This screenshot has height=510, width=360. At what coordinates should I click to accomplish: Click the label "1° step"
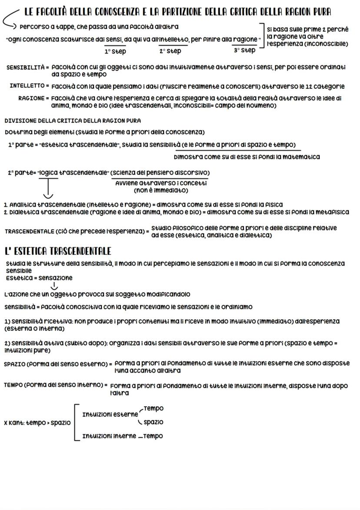coord(115,51)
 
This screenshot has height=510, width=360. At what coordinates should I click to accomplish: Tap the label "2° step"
coord(170,51)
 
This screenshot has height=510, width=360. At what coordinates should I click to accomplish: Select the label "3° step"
coord(245,50)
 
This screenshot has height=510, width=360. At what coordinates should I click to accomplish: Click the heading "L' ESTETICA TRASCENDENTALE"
coord(58,251)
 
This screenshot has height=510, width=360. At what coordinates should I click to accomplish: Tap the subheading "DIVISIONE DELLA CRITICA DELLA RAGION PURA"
coord(73,121)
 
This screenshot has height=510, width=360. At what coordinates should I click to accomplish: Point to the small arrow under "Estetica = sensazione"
coord(54,286)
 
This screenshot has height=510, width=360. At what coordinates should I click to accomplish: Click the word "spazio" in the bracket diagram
coord(153,422)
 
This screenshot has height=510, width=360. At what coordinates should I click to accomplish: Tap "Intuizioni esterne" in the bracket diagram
coord(110,414)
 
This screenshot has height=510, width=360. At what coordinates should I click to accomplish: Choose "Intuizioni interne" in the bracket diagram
coord(109,436)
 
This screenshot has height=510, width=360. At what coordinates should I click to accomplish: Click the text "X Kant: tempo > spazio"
coord(37,422)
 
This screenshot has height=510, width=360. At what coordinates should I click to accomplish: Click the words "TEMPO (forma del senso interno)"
coord(56,385)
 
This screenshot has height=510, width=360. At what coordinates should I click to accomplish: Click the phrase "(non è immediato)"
coord(161,190)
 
